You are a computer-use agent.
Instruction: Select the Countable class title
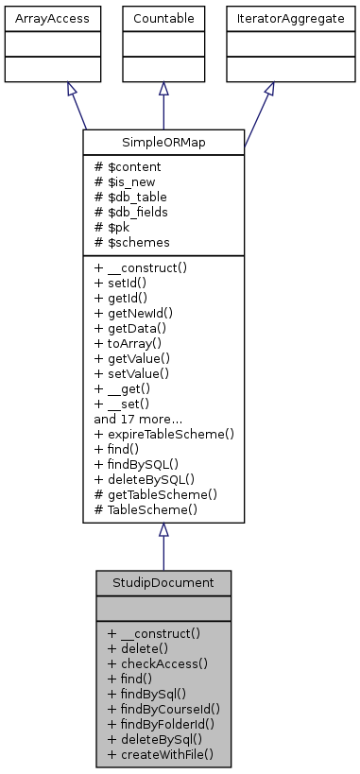(163, 19)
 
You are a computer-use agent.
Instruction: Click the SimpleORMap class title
(163, 142)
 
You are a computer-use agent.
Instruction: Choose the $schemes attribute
(128, 243)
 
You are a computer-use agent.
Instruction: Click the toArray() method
(131, 343)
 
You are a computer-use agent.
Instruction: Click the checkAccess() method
(156, 662)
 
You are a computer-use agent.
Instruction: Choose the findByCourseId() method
(163, 708)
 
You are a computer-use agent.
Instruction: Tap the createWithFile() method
(161, 753)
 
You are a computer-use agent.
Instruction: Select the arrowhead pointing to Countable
(163, 90)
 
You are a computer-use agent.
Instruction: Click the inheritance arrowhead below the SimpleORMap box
(163, 531)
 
